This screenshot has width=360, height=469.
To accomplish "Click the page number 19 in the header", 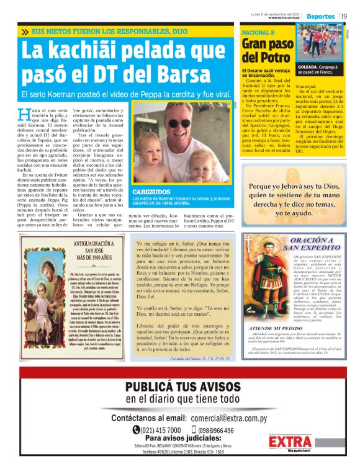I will point(344,16).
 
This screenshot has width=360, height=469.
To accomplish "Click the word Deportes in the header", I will point(320,16).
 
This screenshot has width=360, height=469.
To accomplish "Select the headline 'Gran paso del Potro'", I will point(268,51).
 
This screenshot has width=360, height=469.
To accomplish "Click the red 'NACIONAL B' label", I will point(258,32).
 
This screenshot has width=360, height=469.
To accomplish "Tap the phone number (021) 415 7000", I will point(156,430).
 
